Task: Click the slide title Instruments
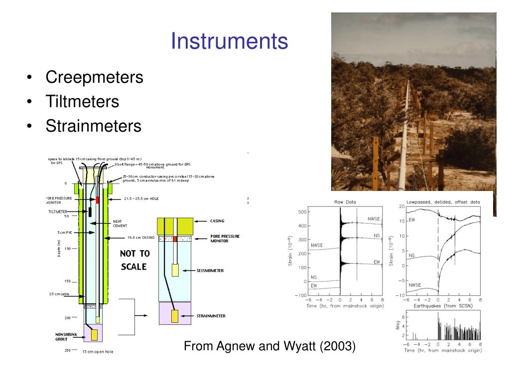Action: [x=230, y=41]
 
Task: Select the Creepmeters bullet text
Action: [x=94, y=77]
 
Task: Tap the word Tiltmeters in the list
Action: [x=82, y=101]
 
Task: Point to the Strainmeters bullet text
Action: [x=94, y=126]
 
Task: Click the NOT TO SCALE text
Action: [x=134, y=260]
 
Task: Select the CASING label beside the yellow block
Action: [x=217, y=221]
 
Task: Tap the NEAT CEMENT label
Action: [x=120, y=223]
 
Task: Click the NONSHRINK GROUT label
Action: [x=66, y=336]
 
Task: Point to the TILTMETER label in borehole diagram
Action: [x=57, y=212]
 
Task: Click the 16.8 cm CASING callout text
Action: [x=141, y=237]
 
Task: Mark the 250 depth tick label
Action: [x=67, y=351]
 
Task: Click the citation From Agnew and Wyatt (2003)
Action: [x=270, y=346]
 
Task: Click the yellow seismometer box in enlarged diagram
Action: [x=175, y=270]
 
